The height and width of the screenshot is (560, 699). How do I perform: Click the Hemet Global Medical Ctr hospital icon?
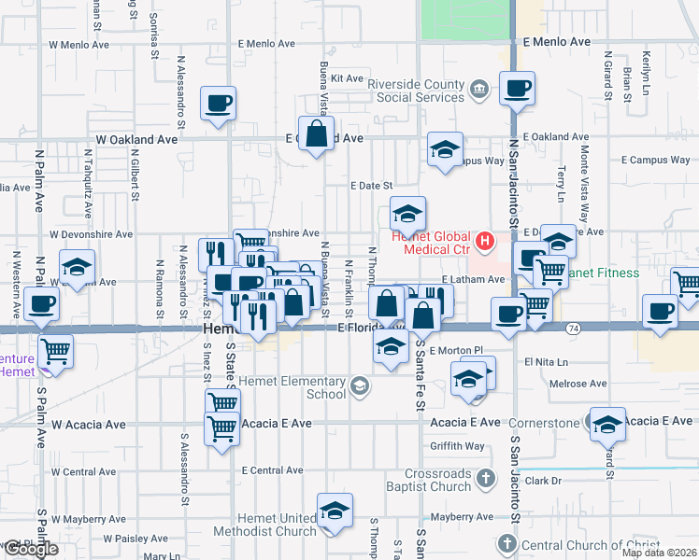pos(484,243)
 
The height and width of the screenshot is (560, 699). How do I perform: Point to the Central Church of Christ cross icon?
pos(506,544)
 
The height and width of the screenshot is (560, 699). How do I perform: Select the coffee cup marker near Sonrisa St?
pos(218,105)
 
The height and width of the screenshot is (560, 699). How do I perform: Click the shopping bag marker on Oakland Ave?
pos(317,133)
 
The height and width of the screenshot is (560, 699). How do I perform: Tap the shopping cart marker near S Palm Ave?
pos(56,353)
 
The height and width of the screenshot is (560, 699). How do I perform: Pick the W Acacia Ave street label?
pos(89,425)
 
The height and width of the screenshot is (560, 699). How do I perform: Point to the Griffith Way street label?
pos(457,446)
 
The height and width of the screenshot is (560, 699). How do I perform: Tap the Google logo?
pos(31,550)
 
